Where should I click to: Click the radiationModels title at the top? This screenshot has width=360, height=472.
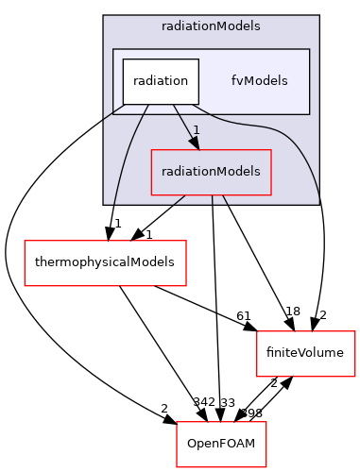211,26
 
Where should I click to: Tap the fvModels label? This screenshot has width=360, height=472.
259,81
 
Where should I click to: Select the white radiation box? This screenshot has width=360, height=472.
160,81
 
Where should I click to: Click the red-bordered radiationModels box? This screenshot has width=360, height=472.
212,172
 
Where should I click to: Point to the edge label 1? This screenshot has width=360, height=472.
196,129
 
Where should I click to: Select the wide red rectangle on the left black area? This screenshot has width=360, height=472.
105,262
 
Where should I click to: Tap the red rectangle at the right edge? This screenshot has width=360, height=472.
306,353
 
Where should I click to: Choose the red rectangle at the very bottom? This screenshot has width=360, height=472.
221,444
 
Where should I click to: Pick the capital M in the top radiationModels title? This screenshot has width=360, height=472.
226,26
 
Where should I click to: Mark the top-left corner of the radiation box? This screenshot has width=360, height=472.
122,59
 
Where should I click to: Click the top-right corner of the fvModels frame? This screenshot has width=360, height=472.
310,49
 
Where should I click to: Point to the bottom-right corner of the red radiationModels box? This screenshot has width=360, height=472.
271,194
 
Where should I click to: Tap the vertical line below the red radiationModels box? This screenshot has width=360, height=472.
213,199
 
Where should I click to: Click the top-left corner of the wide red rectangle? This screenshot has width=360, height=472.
25,241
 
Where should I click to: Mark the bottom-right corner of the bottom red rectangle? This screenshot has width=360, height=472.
266,466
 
